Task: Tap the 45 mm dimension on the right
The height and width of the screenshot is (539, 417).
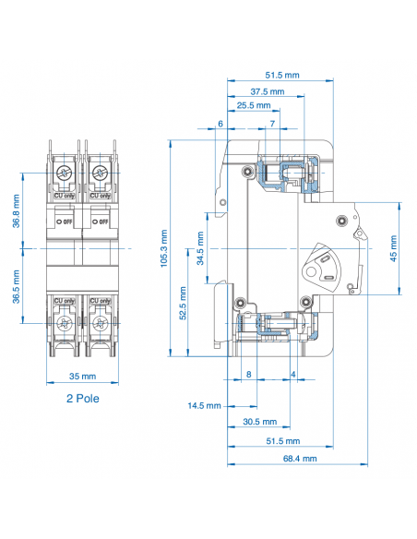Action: click(x=396, y=248)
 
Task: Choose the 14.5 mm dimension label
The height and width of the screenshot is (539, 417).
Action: click(x=204, y=405)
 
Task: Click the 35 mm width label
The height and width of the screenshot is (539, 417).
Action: click(x=82, y=377)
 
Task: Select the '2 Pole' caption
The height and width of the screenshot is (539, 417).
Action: click(x=82, y=399)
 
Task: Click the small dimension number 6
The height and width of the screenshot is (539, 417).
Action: click(x=220, y=124)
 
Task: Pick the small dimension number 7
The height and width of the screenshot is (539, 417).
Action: click(x=272, y=124)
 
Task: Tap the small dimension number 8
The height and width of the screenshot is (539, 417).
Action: click(x=248, y=374)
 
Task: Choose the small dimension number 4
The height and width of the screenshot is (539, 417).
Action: click(x=293, y=374)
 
